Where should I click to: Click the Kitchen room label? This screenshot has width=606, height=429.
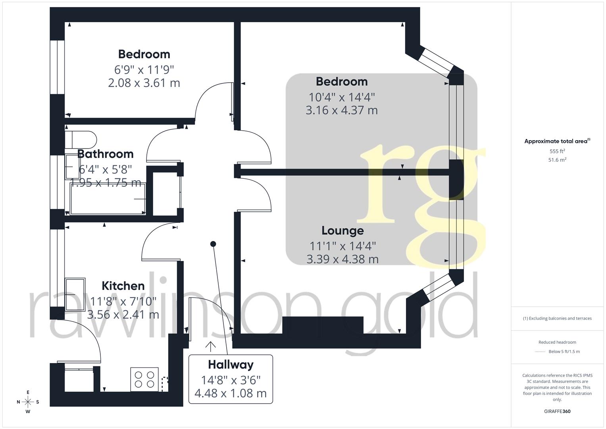[123, 286]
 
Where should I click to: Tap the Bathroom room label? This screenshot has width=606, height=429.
[105, 154]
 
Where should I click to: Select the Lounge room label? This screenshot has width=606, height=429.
[342, 230]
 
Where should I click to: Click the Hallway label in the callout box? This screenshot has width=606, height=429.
[231, 364]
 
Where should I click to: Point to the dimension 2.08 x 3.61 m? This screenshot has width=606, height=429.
[144, 83]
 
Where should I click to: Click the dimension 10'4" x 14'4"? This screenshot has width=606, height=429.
[342, 97]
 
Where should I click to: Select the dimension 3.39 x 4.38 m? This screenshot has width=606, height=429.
[342, 259]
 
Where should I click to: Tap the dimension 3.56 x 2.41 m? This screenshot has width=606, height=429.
[123, 315]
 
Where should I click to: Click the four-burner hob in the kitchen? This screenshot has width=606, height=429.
[144, 379]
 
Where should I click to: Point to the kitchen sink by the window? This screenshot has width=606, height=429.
[75, 294]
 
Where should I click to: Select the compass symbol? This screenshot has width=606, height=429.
[28, 402]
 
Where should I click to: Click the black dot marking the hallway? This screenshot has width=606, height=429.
[213, 244]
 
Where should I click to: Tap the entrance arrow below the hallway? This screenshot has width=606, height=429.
[210, 346]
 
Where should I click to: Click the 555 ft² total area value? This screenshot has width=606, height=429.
[557, 151]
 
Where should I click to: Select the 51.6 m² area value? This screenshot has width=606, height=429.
[557, 160]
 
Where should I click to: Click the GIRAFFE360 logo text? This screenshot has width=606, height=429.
[557, 411]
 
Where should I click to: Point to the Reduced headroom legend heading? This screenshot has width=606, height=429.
[557, 342]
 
